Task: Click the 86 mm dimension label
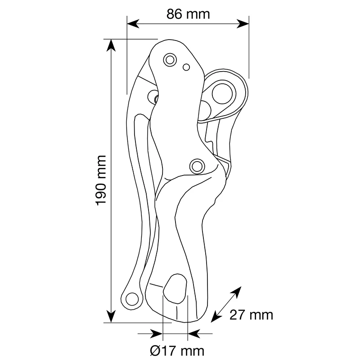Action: pyautogui.click(x=188, y=14)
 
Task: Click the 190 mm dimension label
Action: pyautogui.click(x=101, y=180)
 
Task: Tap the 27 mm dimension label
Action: pyautogui.click(x=251, y=315)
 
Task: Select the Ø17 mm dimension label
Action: pyautogui.click(x=177, y=351)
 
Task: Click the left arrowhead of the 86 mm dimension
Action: pyautogui.click(x=133, y=24)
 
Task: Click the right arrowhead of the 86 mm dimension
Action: pyautogui.click(x=243, y=24)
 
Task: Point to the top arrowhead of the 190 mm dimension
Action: pyautogui.click(x=111, y=45)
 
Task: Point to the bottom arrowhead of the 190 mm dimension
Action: pyautogui.click(x=111, y=316)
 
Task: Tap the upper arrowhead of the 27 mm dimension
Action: pyautogui.click(x=237, y=291)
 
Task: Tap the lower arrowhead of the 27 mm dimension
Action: pyautogui.click(x=216, y=317)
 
